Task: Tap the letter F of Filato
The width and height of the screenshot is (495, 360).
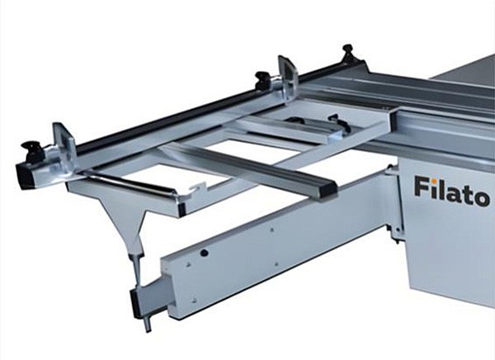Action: [x=422, y=187]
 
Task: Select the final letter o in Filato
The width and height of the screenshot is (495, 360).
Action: [x=482, y=198]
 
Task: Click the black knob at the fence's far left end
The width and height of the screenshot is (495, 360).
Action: [x=31, y=149]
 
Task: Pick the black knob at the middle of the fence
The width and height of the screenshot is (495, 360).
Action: [x=264, y=79]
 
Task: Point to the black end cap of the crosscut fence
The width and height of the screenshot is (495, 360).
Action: [x=26, y=176]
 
